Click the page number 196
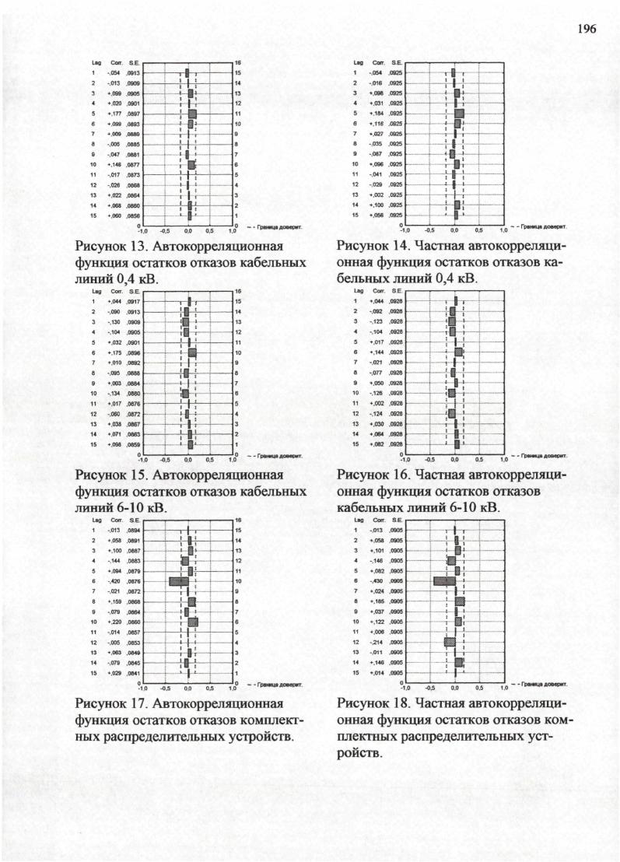(586, 29)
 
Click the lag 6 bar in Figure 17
(178, 581)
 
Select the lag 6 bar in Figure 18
(444, 581)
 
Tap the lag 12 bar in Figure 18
(450, 642)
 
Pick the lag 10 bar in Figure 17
(193, 622)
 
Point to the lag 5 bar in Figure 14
(459, 114)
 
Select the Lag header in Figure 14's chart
(358, 63)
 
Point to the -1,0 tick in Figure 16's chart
(405, 460)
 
